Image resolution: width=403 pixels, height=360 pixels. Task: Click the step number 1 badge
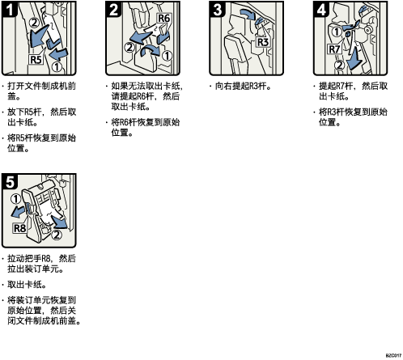[x=10, y=9]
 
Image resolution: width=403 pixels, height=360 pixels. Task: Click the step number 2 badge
[x=113, y=9]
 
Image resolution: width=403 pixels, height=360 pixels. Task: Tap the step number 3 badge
[x=218, y=9]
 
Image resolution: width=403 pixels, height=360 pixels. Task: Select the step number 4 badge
[x=321, y=9]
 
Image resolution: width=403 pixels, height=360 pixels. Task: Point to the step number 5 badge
[x=10, y=181]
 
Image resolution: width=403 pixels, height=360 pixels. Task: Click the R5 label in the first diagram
[x=36, y=59]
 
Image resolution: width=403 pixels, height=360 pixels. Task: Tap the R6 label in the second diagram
[x=163, y=19]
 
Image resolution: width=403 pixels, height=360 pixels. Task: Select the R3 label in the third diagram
[x=262, y=42]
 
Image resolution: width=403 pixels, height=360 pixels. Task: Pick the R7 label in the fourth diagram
[x=334, y=49]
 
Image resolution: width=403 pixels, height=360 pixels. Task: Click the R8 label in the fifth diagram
[x=19, y=228]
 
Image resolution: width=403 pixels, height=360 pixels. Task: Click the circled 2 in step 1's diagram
[x=35, y=23]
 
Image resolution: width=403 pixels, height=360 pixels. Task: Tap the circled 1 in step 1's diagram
[x=57, y=66]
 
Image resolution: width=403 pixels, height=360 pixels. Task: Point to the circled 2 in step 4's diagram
[x=340, y=65]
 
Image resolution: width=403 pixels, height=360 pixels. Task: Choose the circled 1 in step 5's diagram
[x=15, y=199]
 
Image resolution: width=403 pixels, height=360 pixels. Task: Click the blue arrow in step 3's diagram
[x=248, y=14]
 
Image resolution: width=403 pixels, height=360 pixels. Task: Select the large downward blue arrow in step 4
[x=354, y=59]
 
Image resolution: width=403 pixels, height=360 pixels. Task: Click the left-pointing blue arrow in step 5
[x=19, y=212]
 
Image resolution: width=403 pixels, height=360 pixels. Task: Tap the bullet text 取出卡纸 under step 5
[x=27, y=285]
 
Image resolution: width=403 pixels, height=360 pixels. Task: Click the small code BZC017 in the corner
[x=393, y=355]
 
